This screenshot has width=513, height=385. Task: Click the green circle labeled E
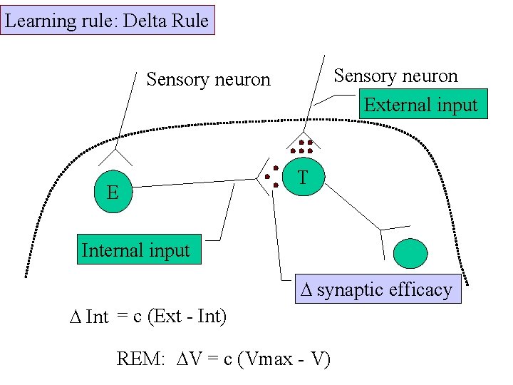tap(113, 192)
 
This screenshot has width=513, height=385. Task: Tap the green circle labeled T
tap(304, 178)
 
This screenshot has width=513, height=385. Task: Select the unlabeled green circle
tap(410, 253)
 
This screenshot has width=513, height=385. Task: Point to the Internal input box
tap(138, 250)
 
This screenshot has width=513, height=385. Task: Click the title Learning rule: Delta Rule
tap(107, 20)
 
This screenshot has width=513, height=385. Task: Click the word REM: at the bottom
tap(140, 358)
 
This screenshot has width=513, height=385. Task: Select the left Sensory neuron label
tap(208, 79)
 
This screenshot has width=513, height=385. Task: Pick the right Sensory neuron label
tap(395, 75)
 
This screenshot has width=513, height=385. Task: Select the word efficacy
tap(418, 289)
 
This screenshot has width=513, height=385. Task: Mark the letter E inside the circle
tap(113, 192)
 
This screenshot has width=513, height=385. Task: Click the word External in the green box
tap(394, 104)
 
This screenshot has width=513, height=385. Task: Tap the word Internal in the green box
tap(111, 250)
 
